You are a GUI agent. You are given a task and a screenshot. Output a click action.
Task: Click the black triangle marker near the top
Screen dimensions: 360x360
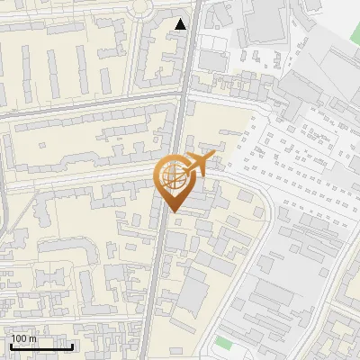(x=182, y=24)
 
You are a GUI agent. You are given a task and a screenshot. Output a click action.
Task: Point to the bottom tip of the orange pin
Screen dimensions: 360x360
(x=174, y=212)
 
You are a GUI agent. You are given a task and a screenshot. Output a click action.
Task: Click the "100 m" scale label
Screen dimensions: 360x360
(x=24, y=338)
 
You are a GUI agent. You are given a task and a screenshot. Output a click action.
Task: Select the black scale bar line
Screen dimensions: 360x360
(x=41, y=346)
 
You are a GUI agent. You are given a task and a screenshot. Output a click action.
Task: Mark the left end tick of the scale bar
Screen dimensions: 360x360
(x=11, y=345)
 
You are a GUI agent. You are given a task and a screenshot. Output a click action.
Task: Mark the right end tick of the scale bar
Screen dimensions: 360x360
(x=73, y=345)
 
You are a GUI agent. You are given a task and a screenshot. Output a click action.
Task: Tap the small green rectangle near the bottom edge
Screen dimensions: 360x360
(x=222, y=343)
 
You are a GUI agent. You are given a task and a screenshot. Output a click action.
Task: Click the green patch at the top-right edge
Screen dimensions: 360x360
(x=354, y=26)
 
